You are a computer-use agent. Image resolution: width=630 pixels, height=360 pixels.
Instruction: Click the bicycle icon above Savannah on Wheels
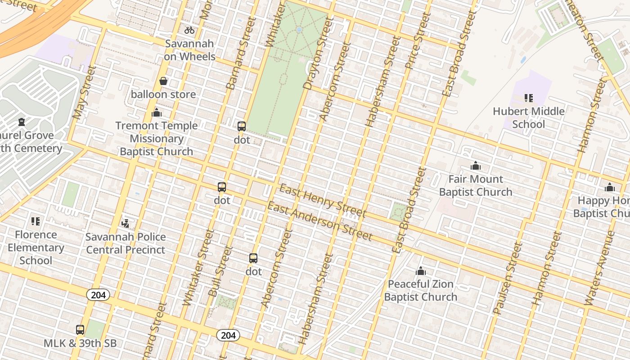[189, 30]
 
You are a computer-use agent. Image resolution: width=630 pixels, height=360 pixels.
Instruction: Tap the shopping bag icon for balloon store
[163, 81]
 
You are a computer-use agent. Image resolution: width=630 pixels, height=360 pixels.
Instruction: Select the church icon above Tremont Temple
[157, 112]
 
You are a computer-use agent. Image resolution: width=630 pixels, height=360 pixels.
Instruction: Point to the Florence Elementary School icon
[36, 221]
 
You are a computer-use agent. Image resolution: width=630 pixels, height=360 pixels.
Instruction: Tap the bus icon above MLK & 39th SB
[80, 330]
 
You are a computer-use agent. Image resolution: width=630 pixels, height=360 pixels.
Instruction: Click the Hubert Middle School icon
[528, 98]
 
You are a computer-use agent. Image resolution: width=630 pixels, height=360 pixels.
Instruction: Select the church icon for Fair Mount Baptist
[475, 166]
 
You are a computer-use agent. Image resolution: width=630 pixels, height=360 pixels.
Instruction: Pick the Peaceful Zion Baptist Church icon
[421, 271]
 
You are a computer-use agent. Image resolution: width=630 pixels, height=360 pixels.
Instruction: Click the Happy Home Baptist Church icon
[610, 187]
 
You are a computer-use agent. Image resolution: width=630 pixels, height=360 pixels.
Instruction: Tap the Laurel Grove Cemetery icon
[21, 121]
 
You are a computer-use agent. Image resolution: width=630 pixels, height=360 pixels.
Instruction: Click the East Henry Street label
[323, 200]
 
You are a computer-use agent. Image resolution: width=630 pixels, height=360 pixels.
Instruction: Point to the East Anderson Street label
[319, 221]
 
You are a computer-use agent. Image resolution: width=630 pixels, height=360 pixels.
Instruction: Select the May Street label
[84, 92]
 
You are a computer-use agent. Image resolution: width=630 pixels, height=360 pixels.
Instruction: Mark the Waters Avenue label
[599, 268]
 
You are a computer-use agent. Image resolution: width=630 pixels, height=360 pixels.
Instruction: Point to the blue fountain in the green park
[299, 30]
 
